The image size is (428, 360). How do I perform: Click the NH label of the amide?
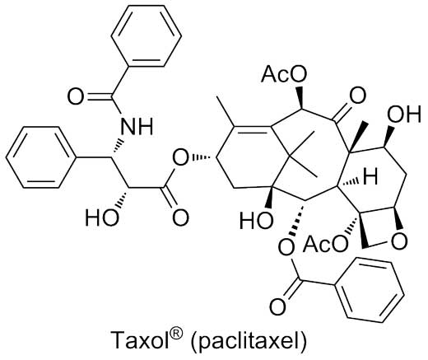pyautogui.click(x=137, y=126)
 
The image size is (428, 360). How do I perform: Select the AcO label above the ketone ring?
pyautogui.click(x=284, y=74)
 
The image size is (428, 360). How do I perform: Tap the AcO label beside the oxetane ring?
pyautogui.click(x=326, y=244)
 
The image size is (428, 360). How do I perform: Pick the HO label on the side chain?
pyautogui.click(x=102, y=217)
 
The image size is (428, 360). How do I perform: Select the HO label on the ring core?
pyautogui.click(x=256, y=221)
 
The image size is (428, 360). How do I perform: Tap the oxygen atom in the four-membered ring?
pyautogui.click(x=398, y=241)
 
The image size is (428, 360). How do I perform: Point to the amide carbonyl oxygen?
pyautogui.click(x=75, y=97)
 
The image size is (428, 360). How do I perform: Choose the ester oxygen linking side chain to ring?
pyautogui.click(x=181, y=158)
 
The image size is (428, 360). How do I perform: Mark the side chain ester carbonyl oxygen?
pyautogui.click(x=180, y=217)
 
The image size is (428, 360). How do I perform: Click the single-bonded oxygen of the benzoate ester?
pyautogui.click(x=286, y=246)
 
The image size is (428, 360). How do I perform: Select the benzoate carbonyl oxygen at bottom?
pyautogui.click(x=278, y=306)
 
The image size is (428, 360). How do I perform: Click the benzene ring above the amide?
pyautogui.click(x=147, y=35)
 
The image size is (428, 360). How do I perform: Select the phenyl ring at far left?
pyautogui.click(x=40, y=157)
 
